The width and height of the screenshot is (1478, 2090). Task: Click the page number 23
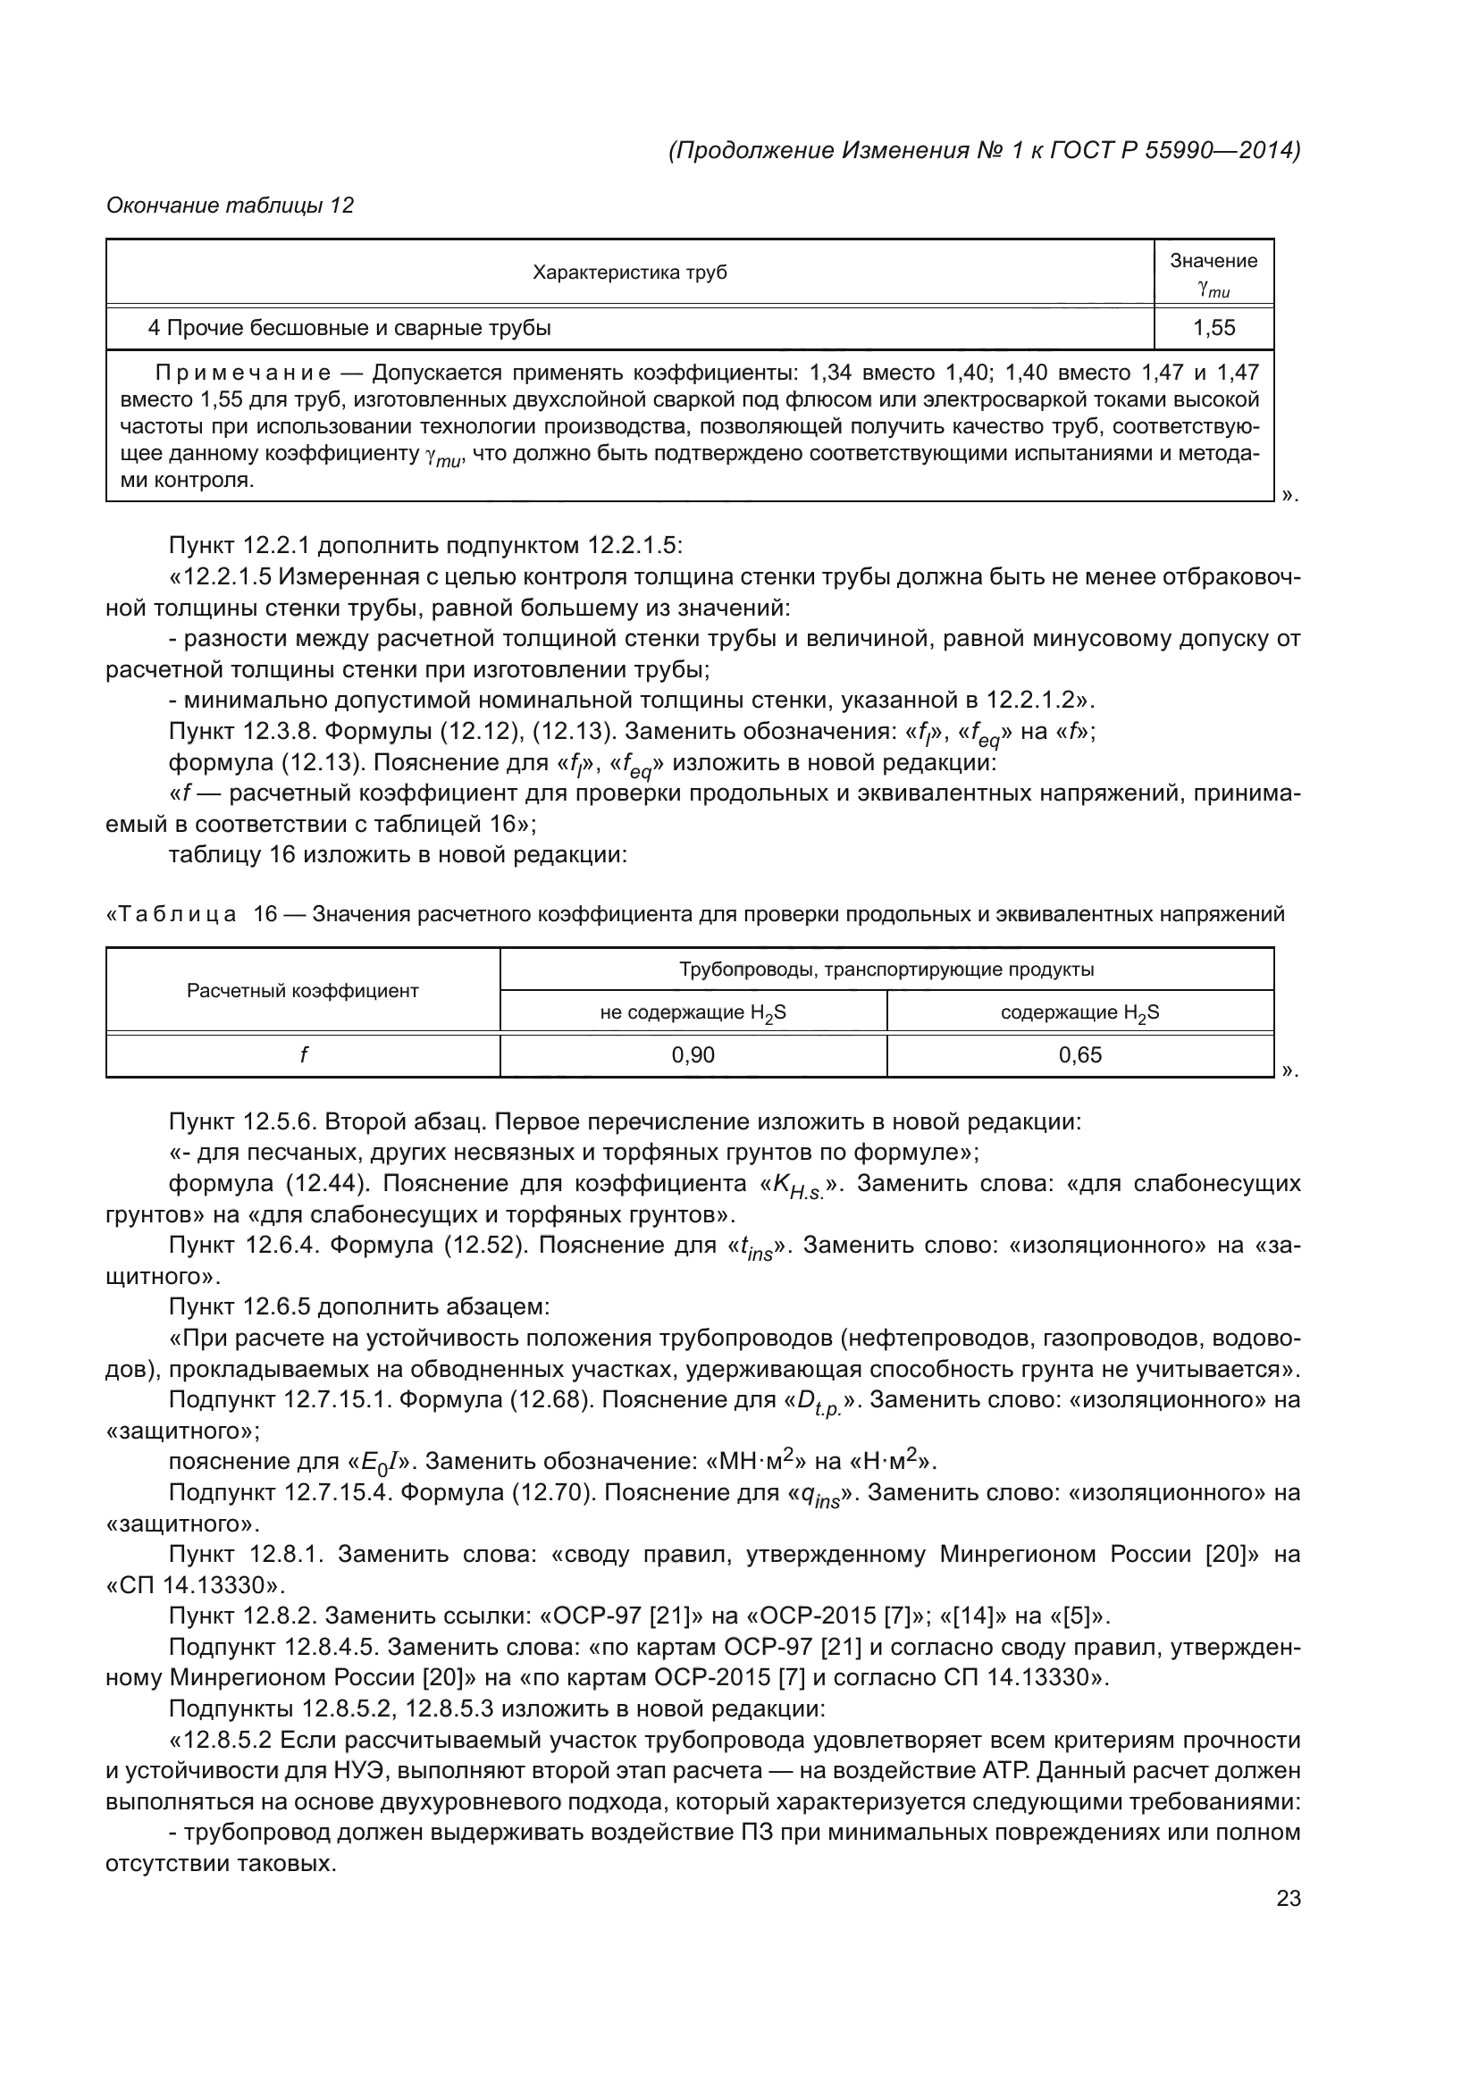(1288, 1899)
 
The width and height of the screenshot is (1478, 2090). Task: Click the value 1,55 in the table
(1213, 328)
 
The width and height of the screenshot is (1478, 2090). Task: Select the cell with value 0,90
(693, 1055)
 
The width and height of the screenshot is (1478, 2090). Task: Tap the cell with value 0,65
(1079, 1055)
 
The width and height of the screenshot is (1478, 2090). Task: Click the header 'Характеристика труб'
(629, 273)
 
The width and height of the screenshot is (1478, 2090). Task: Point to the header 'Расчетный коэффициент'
(302, 990)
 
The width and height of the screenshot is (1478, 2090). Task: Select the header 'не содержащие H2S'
(693, 1012)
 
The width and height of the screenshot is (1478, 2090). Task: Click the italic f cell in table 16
(302, 1055)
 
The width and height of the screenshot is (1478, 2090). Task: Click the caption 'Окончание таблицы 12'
(230, 206)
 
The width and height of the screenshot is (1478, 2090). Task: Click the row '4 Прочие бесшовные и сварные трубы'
(349, 328)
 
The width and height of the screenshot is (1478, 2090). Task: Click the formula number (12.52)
(486, 1246)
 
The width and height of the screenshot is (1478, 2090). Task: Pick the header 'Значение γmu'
(1213, 273)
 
